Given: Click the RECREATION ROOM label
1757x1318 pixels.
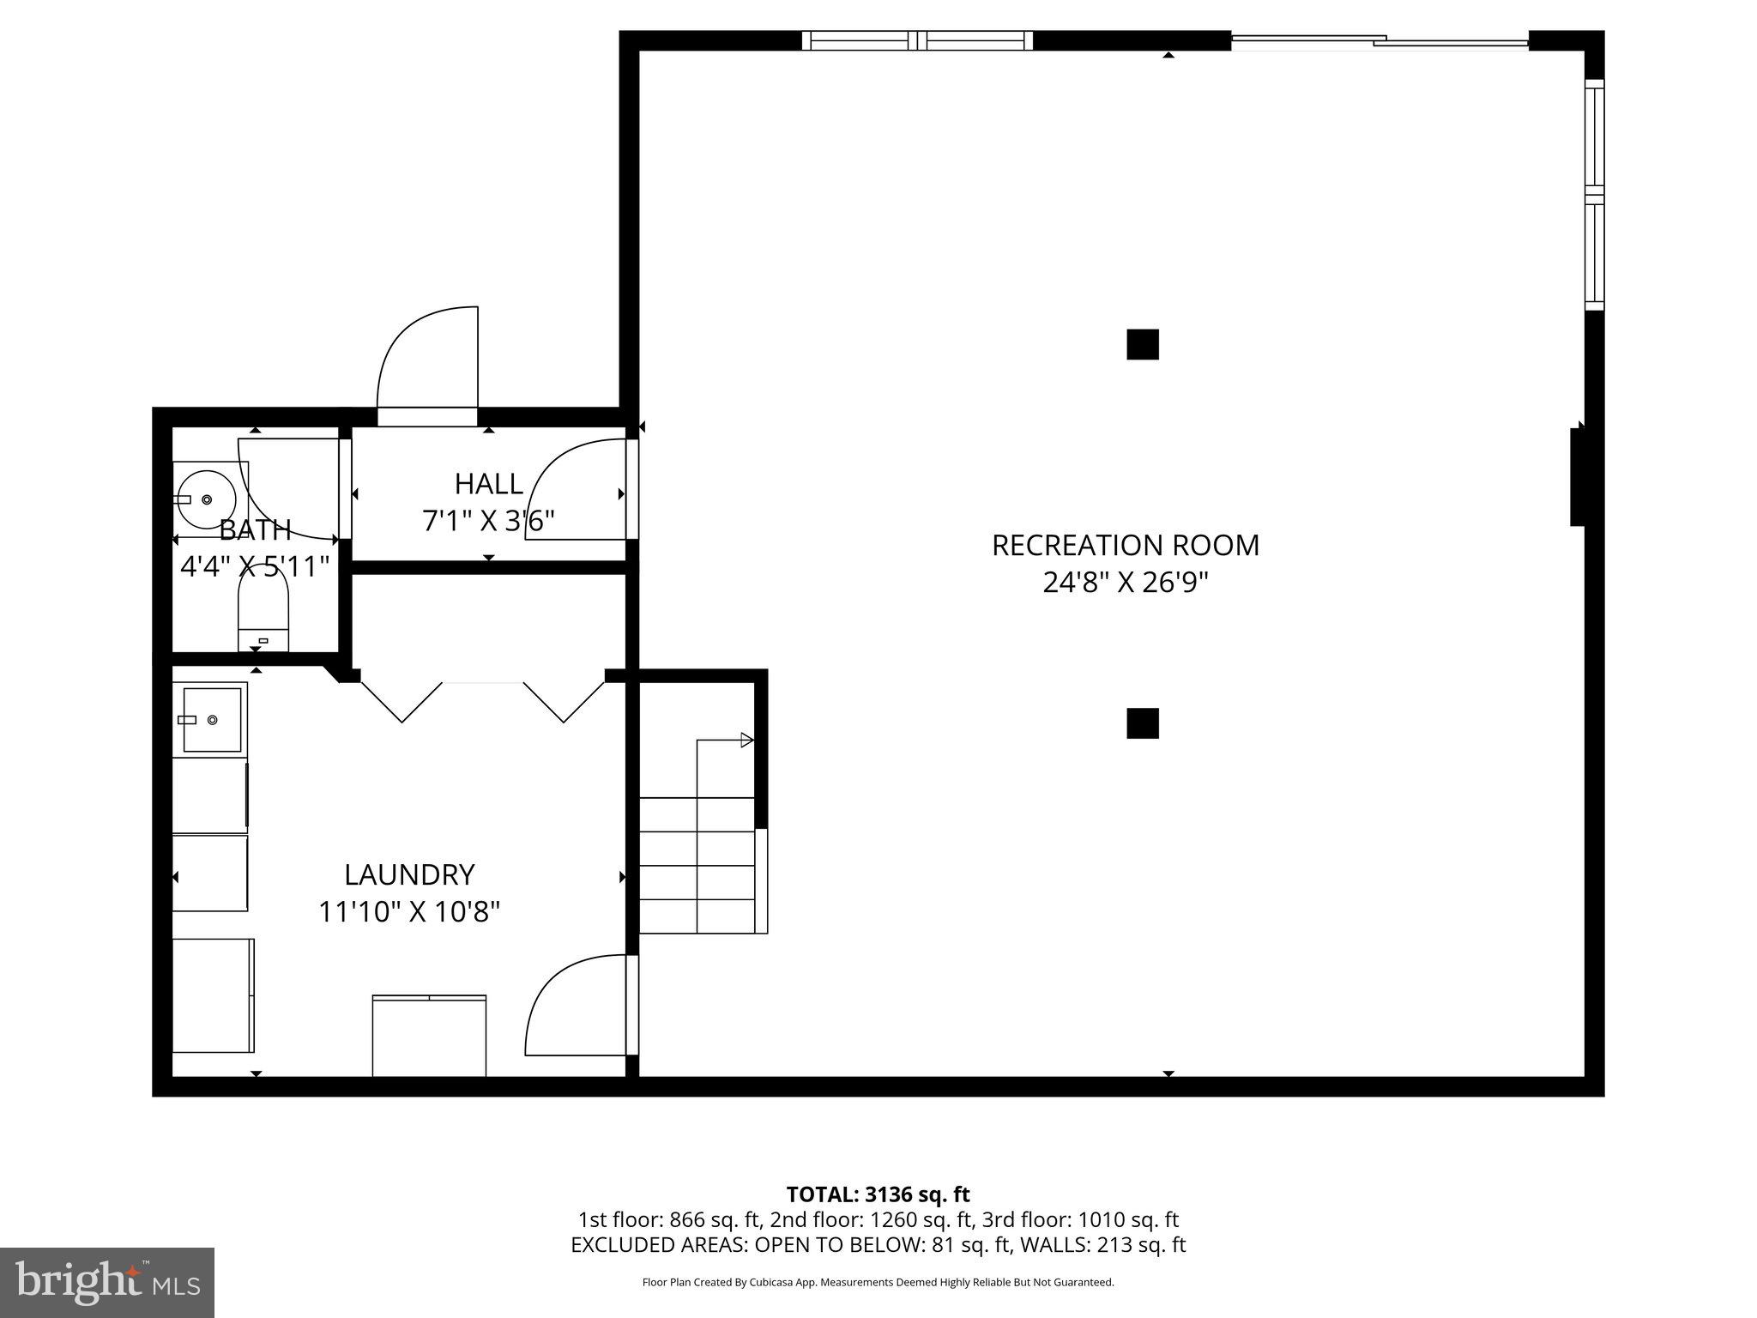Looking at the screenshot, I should pos(1125,546).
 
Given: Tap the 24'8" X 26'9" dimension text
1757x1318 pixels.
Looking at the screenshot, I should pos(1125,583).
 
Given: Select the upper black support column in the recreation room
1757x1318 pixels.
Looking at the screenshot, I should pos(1142,344).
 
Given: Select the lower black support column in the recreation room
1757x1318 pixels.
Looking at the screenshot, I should pos(1142,723).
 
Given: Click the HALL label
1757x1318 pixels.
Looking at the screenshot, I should pos(488,484).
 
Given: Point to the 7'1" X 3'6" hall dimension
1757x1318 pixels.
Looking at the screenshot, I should pos(488,521).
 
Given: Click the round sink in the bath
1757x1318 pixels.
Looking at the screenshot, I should pos(206,499).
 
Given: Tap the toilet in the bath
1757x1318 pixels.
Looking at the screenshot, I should pos(263,609).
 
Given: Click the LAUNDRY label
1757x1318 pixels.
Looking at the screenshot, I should pos(409,874).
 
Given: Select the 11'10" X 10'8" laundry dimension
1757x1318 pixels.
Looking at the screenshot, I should pos(409,911).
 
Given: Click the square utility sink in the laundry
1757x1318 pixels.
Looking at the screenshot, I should pos(211,719).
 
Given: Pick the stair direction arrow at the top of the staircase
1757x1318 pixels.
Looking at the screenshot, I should pos(746,740).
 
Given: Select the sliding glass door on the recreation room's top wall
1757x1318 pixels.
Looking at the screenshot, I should pos(1380,39).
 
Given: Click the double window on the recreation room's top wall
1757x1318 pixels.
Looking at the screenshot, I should pos(917,40).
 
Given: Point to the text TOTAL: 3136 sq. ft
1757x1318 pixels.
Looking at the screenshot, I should pos(878,1194).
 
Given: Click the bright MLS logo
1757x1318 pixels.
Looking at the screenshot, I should pos(106,1283).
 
